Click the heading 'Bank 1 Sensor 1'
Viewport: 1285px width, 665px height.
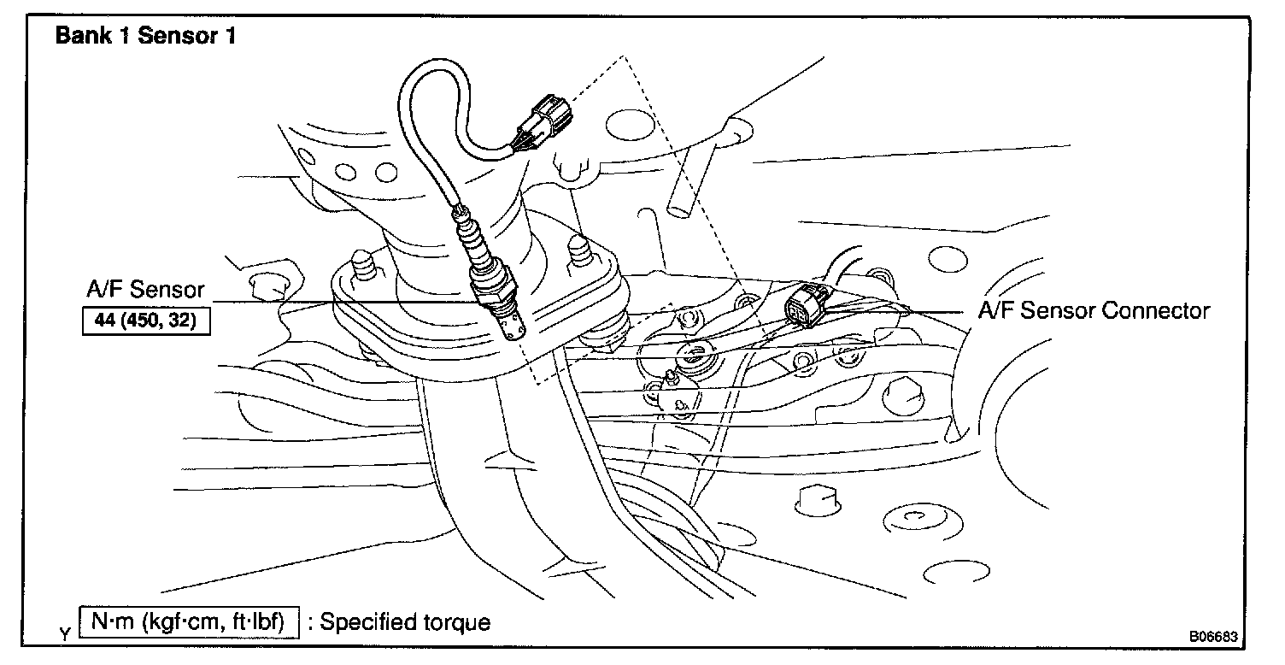145,37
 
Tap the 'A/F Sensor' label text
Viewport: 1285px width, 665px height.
145,290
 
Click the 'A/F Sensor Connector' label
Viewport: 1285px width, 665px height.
1094,310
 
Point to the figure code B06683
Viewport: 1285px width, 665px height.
1213,638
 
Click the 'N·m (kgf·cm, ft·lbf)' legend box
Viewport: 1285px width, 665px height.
190,621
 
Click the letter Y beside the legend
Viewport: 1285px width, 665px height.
65,634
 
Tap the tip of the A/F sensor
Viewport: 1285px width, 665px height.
513,328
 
